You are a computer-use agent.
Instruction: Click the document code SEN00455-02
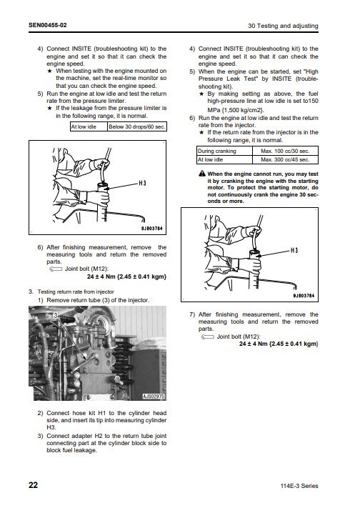(x=48, y=25)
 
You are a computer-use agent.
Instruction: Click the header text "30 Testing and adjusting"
(x=283, y=26)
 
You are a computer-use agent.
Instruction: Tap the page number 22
(x=34, y=485)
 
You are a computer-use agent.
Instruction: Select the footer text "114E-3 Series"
(x=299, y=486)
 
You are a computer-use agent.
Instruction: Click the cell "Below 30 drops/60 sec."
(x=137, y=126)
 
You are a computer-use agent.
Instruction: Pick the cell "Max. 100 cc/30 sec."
(x=285, y=151)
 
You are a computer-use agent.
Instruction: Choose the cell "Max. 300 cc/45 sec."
(x=285, y=159)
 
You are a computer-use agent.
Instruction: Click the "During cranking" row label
(x=216, y=151)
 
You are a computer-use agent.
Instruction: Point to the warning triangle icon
(x=202, y=174)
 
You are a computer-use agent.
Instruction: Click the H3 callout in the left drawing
(x=143, y=184)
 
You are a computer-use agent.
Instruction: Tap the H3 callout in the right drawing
(x=294, y=251)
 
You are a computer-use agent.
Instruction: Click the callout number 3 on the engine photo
(x=56, y=316)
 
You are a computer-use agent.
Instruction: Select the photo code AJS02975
(x=154, y=397)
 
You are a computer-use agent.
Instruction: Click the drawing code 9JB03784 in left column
(x=151, y=229)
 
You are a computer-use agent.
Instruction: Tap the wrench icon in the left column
(x=56, y=269)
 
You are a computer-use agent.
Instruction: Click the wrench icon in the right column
(x=207, y=337)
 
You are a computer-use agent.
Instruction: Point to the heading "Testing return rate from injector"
(x=76, y=292)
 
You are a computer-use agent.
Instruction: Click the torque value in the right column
(x=279, y=344)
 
